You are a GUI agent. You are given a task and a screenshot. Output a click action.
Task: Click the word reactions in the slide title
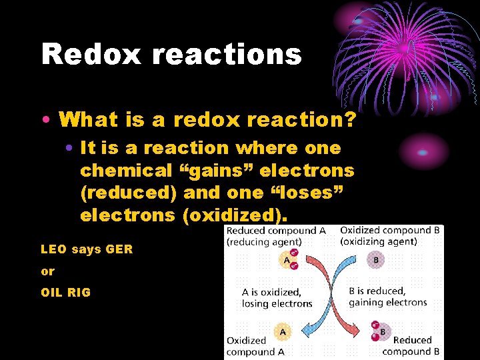pos(226,53)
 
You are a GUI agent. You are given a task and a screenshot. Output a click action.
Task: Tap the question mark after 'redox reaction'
pos(349,120)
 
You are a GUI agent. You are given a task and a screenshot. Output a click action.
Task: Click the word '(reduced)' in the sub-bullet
pos(126,193)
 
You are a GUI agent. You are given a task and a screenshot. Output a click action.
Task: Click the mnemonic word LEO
pos(53,249)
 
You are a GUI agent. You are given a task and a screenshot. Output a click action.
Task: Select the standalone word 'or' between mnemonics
pos(47,271)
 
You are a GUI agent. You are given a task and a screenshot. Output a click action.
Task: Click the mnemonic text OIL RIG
pos(65,292)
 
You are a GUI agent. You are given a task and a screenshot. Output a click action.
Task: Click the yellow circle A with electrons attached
pos(287,260)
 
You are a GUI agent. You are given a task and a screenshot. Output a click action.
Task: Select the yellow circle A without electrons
pos(283,331)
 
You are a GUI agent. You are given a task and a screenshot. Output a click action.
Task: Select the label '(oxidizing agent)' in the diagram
pos(379,241)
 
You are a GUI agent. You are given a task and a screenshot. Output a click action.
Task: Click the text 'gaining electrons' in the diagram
pos(387,303)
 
